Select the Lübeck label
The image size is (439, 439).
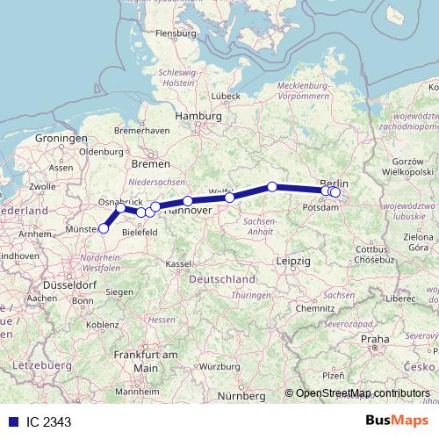point(227,95)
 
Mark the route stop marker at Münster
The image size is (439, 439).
point(104,228)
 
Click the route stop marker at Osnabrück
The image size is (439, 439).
point(120,208)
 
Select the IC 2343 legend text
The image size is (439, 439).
point(49,422)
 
